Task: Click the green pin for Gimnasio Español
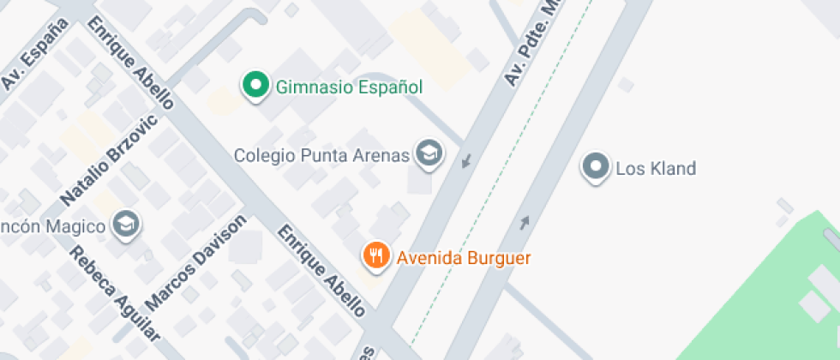[255, 85]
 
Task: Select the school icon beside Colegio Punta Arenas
[428, 154]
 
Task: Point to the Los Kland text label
[656, 169]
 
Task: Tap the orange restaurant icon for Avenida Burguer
[376, 255]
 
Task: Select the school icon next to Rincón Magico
[127, 225]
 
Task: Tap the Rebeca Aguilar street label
[114, 293]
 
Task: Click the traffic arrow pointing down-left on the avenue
[466, 159]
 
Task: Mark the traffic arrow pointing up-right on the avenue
[524, 223]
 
